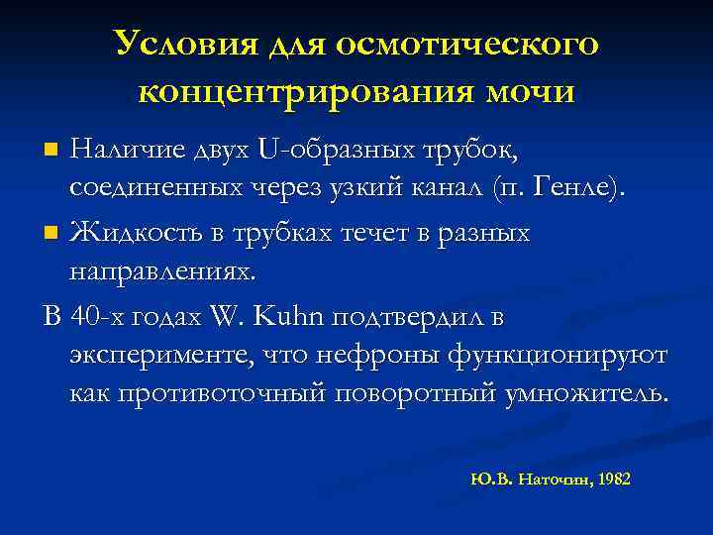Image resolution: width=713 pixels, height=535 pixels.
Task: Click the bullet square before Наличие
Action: (53, 152)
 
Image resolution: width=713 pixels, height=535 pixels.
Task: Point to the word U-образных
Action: (319, 150)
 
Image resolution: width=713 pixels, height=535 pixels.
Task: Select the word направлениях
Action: (162, 269)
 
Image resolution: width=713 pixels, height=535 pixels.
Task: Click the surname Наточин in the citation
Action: (555, 479)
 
